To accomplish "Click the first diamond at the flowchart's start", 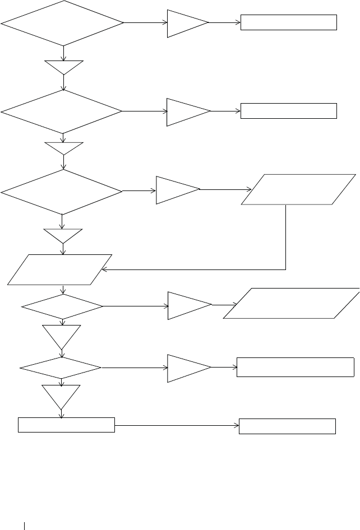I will pos(62,23).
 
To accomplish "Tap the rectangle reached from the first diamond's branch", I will pos(289,22).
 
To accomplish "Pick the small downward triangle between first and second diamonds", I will pos(64,67).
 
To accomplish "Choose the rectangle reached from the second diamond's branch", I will pos(289,111).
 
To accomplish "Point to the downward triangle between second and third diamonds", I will pos(64,148).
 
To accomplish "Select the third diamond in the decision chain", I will pos(62,192).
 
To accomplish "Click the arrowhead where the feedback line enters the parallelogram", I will pos(104,269).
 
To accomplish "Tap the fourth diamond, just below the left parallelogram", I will pos(62,307).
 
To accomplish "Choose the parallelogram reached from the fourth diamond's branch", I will pos(291,303).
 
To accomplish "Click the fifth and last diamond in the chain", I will pos(61,368).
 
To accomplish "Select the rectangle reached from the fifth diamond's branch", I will pos(295,367).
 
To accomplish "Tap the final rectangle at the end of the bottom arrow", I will pos(287,426).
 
